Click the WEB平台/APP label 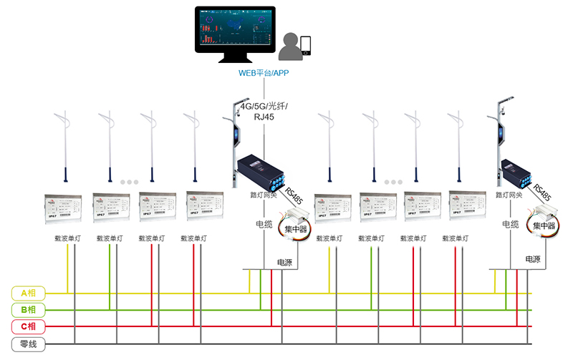click(x=264, y=74)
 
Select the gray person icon click(x=291, y=48)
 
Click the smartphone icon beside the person click(x=307, y=46)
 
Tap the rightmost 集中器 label click(x=546, y=225)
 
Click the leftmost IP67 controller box click(x=65, y=205)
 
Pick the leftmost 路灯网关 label click(x=264, y=194)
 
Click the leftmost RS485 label click(x=293, y=195)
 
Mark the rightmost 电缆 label click(x=510, y=224)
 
